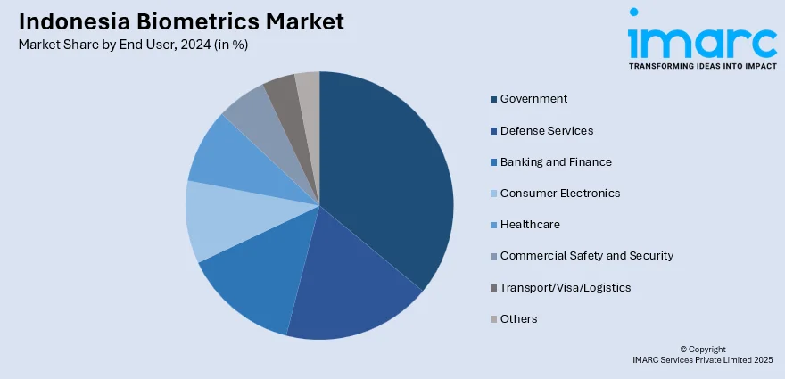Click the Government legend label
coord(533,99)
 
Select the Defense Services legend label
coord(546,130)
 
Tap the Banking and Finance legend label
coord(556,162)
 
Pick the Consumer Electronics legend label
coord(559,194)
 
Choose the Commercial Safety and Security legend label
coord(586,256)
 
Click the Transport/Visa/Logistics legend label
coord(565,288)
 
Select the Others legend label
coord(518,319)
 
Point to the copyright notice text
coord(702,354)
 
